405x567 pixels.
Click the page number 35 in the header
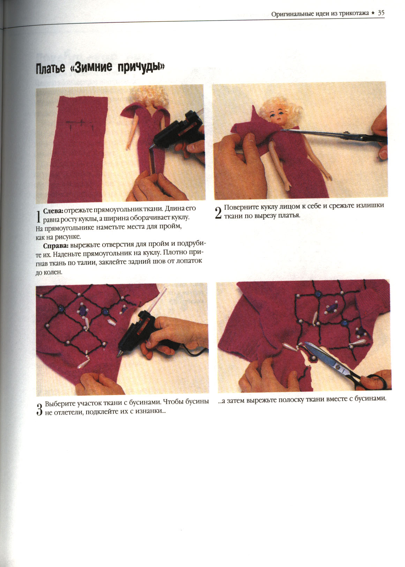(x=381, y=13)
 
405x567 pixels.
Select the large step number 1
(x=39, y=217)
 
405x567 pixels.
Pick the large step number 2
(x=218, y=213)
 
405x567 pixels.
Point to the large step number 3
(x=39, y=409)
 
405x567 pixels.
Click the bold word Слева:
(x=53, y=211)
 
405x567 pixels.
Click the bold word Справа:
(x=56, y=246)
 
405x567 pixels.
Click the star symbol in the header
(x=373, y=13)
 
